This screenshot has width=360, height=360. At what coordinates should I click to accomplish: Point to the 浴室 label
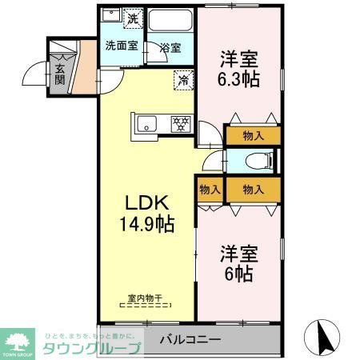click(169, 47)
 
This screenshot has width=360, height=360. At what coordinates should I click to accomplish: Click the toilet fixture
click(254, 160)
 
